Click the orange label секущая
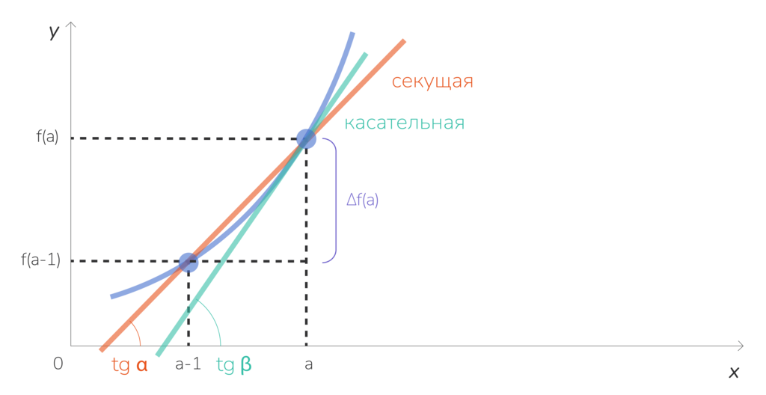tap(432, 82)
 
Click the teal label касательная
tap(404, 123)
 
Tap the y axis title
tap(54, 31)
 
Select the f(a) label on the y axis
tap(47, 138)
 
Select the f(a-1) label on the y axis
tap(41, 260)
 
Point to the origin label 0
tap(58, 364)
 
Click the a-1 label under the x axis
tap(188, 364)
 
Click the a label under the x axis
tap(307, 365)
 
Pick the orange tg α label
tap(129, 365)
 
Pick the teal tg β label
tap(234, 365)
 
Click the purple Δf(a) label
tap(362, 200)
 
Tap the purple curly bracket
tap(332, 200)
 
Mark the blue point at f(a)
tap(306, 138)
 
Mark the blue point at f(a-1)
tap(188, 261)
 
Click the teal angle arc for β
tap(212, 322)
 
